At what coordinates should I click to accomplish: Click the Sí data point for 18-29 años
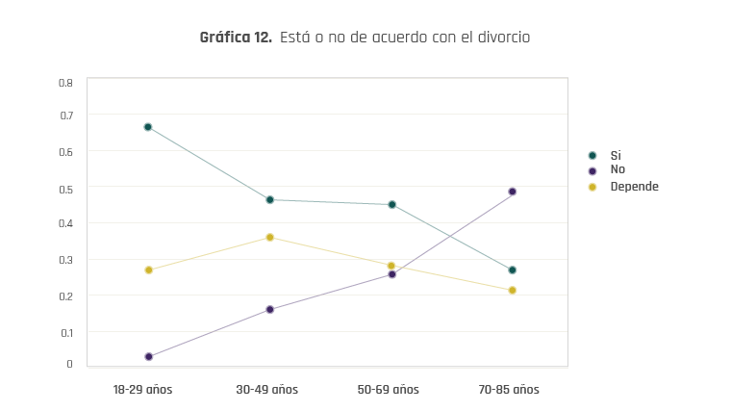coord(148,127)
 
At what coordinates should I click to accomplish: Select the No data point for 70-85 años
coord(513,192)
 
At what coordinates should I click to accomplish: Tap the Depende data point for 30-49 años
coord(270,237)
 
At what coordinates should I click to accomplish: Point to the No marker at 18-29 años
coord(148,357)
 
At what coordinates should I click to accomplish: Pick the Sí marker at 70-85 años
coord(513,270)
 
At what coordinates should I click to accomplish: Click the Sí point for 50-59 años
coord(392,205)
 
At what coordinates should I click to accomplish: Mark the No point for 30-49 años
coord(270,310)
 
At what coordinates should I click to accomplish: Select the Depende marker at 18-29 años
coord(148,270)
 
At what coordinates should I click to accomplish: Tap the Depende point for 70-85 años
coord(513,290)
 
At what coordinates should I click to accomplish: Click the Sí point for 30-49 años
coord(270,200)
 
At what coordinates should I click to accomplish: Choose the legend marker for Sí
coord(592,155)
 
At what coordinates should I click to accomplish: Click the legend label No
coord(618,169)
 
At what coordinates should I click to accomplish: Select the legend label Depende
coord(634,186)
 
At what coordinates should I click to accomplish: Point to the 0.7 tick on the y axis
coord(66,116)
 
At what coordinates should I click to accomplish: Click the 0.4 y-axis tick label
coord(66,223)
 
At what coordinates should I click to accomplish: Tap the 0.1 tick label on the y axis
coord(66,332)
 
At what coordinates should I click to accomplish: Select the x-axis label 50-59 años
coord(388,390)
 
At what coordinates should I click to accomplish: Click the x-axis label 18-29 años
coord(142,390)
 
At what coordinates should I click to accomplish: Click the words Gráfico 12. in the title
coord(236,38)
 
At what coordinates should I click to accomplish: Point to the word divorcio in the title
coord(500,38)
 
